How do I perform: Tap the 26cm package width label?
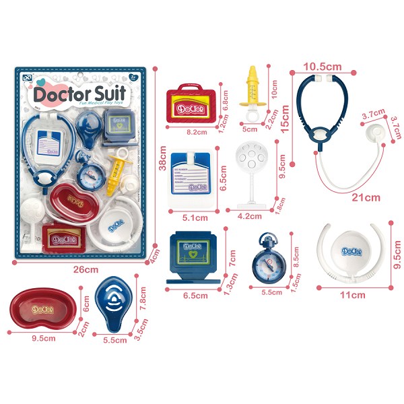pos(82,269)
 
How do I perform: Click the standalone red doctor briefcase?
pos(191,102)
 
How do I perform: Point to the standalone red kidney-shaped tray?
pos(42,310)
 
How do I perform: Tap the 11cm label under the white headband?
pos(353,295)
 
